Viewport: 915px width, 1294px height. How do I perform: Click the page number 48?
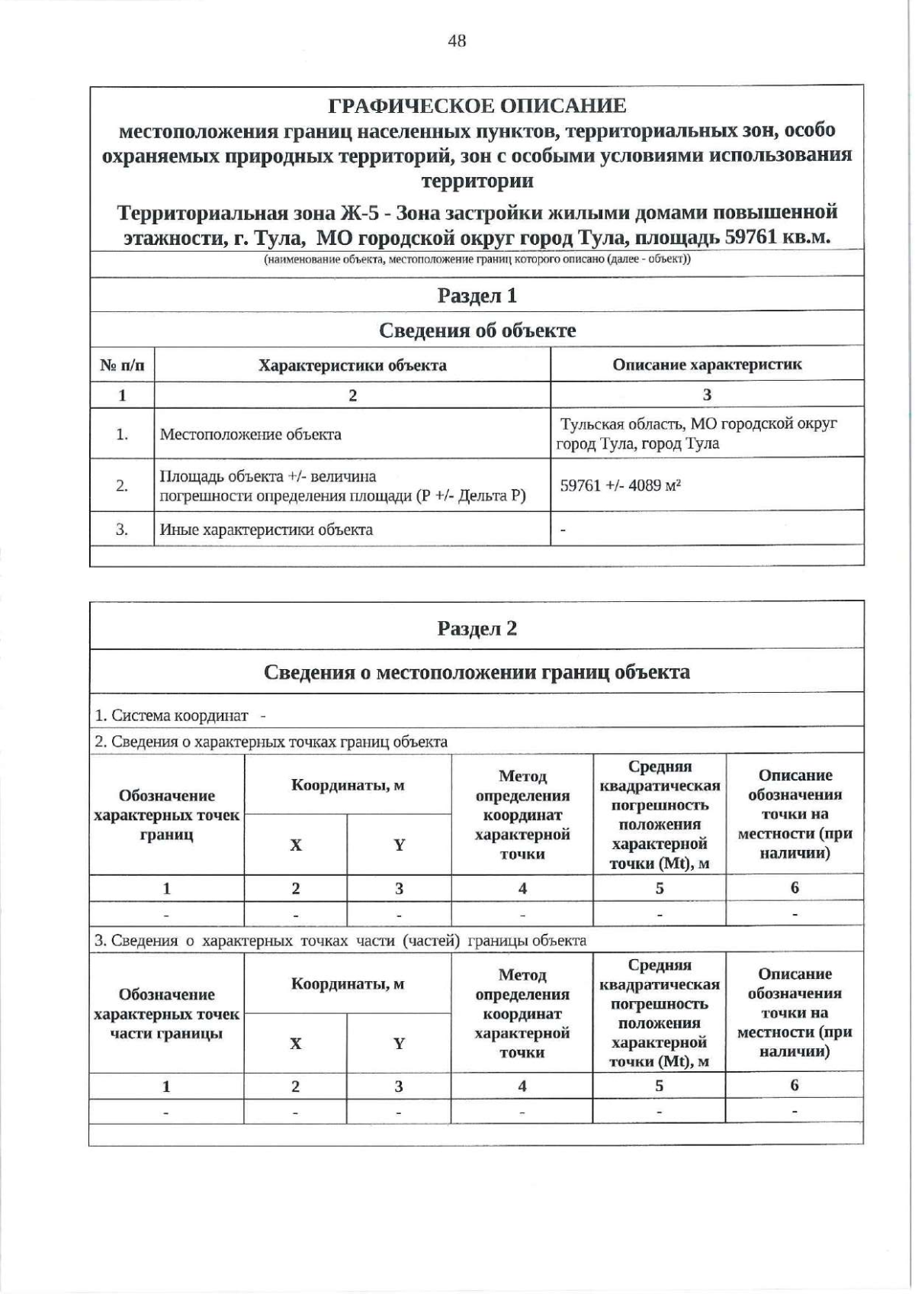point(457,41)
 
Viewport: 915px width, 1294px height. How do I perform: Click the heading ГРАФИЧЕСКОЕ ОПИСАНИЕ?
point(477,106)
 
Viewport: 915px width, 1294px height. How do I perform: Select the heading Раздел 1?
point(477,295)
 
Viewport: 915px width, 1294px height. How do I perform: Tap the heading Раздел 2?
point(477,628)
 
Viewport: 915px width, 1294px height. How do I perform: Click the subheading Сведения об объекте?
point(477,330)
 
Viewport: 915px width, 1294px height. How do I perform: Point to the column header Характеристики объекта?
point(352,365)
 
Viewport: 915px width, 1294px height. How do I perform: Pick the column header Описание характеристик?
point(707,364)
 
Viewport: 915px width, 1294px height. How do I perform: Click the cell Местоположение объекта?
point(250,435)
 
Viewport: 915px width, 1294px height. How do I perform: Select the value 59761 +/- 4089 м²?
point(620,484)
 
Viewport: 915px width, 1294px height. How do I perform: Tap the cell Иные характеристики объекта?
point(265,530)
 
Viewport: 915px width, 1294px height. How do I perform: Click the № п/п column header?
point(122,365)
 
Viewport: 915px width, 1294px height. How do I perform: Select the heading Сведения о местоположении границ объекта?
point(477,672)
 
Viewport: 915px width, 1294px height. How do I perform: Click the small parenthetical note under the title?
point(477,259)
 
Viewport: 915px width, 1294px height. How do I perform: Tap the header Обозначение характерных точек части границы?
point(166,1014)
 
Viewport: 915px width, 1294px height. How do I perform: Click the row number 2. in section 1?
point(122,485)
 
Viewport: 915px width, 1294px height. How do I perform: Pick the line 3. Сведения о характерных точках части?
point(340,940)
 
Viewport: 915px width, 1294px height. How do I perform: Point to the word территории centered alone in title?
point(477,182)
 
